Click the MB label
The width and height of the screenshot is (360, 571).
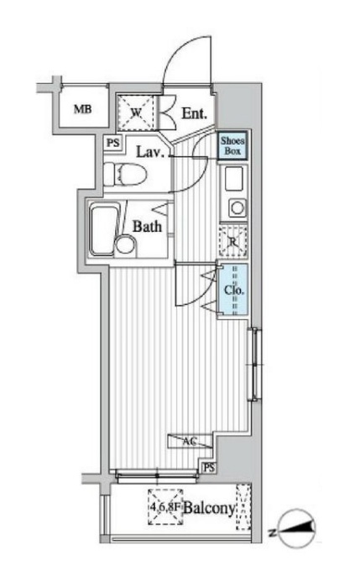(x=81, y=109)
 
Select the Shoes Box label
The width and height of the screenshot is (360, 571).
(x=232, y=148)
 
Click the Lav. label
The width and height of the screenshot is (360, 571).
(x=149, y=151)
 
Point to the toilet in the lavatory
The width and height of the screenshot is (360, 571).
(x=128, y=175)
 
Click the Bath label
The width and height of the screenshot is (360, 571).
(x=147, y=225)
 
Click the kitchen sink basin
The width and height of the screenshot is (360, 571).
(x=233, y=178)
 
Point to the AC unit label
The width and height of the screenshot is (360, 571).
(x=190, y=439)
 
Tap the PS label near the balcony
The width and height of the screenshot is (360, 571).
(x=209, y=467)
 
